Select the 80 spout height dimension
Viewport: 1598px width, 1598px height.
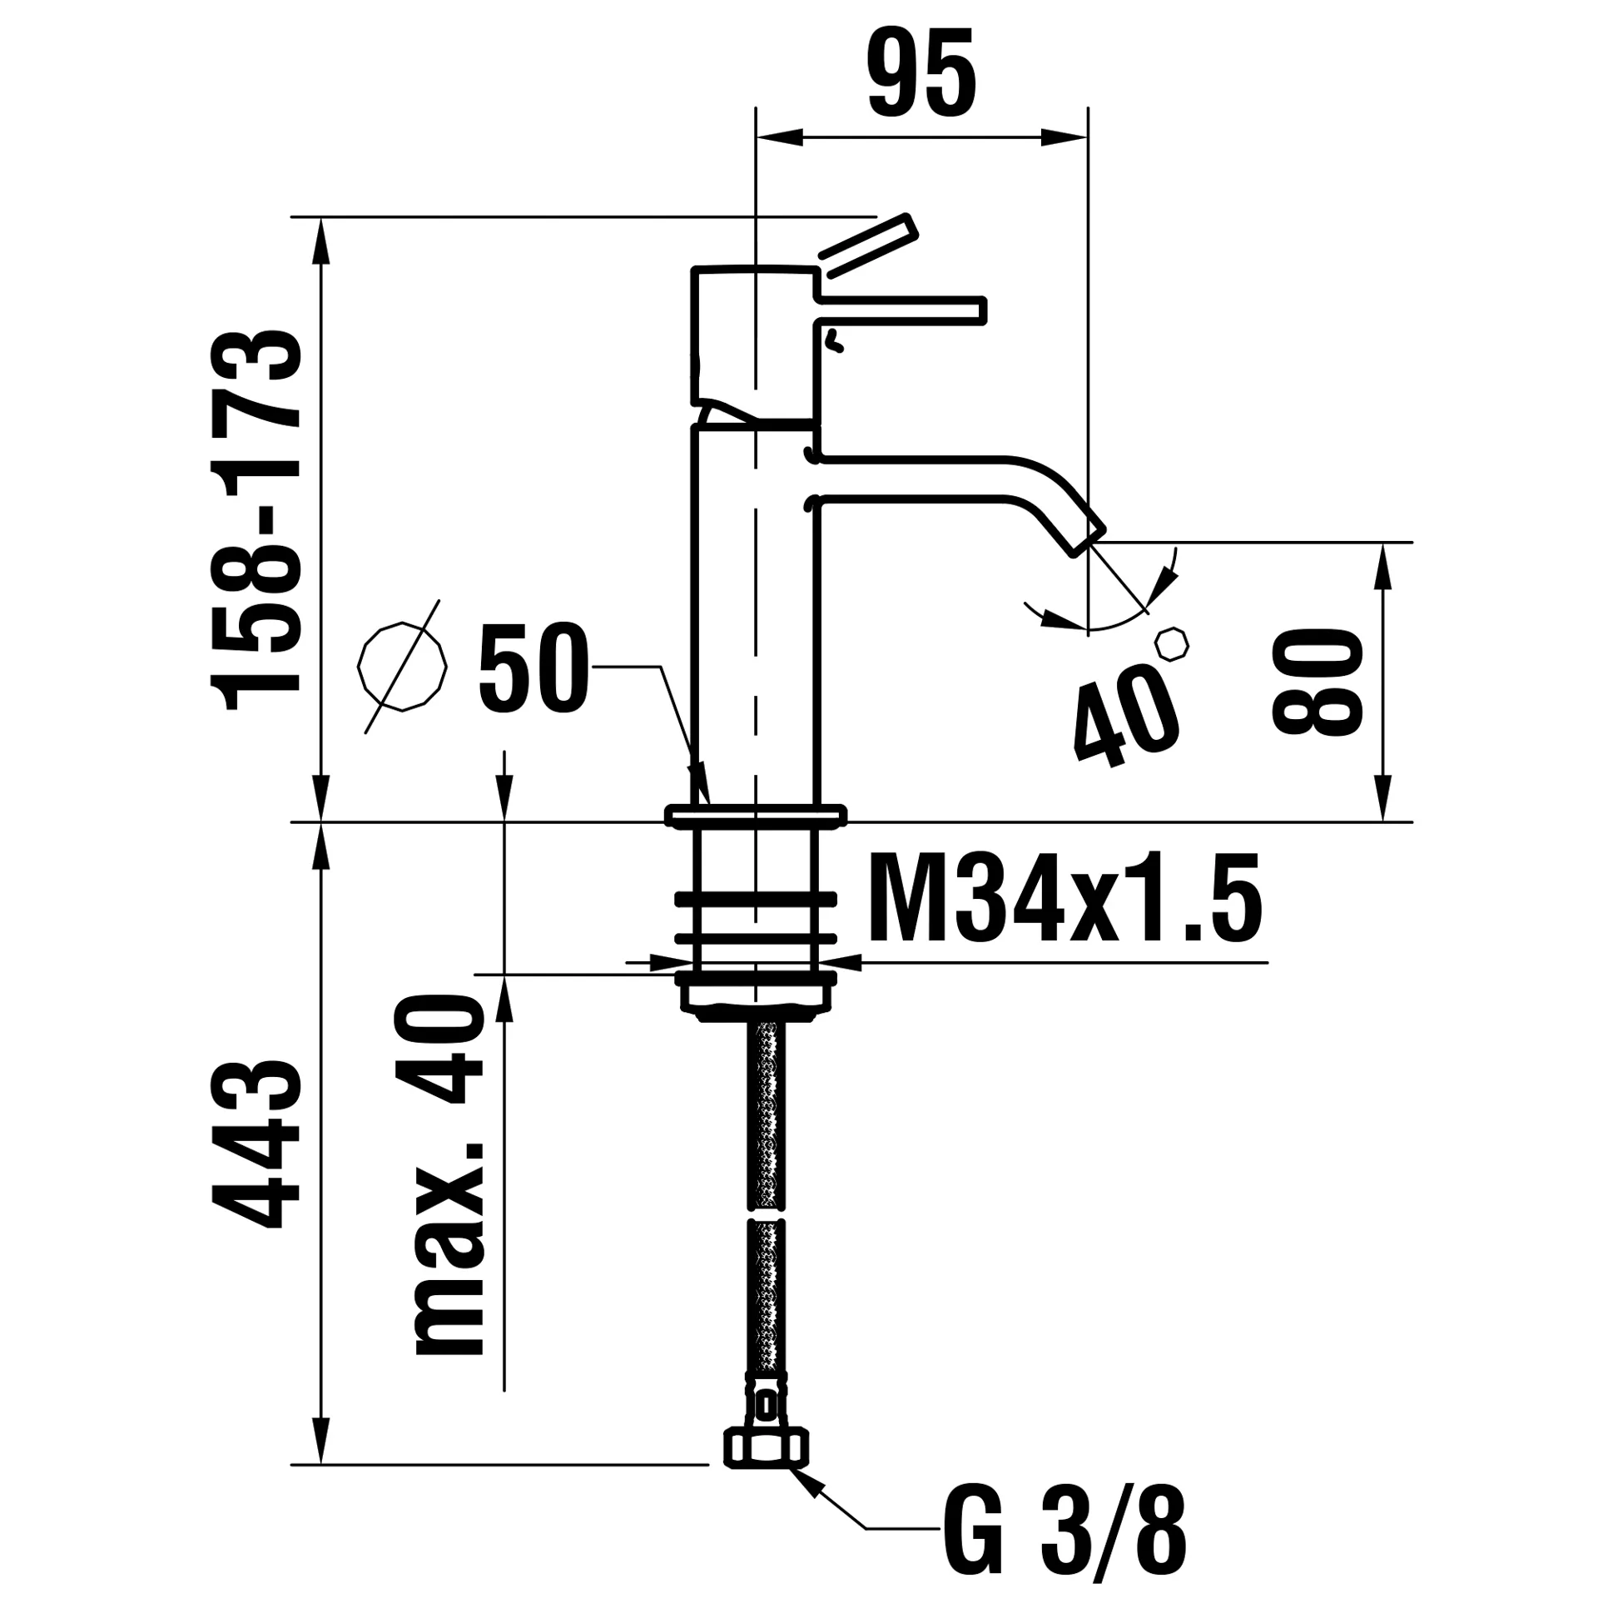(1318, 681)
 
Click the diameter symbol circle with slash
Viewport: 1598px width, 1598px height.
(402, 666)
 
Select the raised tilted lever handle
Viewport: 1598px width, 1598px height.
(868, 246)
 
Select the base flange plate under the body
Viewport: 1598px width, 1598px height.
(756, 816)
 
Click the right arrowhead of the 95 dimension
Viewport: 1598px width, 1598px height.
(1065, 138)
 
